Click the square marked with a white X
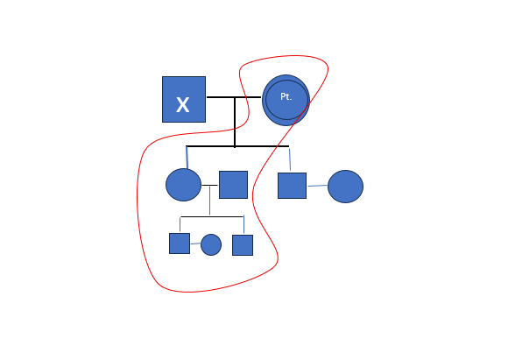[x=184, y=100]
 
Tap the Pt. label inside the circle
[x=286, y=96]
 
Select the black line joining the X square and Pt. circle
[x=234, y=97]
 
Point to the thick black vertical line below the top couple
[x=235, y=122]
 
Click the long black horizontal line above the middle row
[x=237, y=146]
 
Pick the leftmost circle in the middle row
[x=183, y=185]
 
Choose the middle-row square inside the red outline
[x=233, y=185]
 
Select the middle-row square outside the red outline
[x=292, y=186]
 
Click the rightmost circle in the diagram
[x=345, y=187]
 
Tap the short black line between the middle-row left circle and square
[x=209, y=185]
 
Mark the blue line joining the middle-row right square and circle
[x=317, y=186]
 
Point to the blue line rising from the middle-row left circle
[x=187, y=158]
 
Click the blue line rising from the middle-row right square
[x=290, y=159]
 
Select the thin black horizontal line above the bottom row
[x=212, y=216]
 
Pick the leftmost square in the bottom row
[x=180, y=244]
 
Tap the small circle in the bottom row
[x=211, y=244]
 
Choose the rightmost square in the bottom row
[x=243, y=245]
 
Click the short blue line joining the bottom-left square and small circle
[x=195, y=244]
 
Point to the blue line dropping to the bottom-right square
[x=243, y=224]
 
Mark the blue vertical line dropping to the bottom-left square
[x=180, y=224]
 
